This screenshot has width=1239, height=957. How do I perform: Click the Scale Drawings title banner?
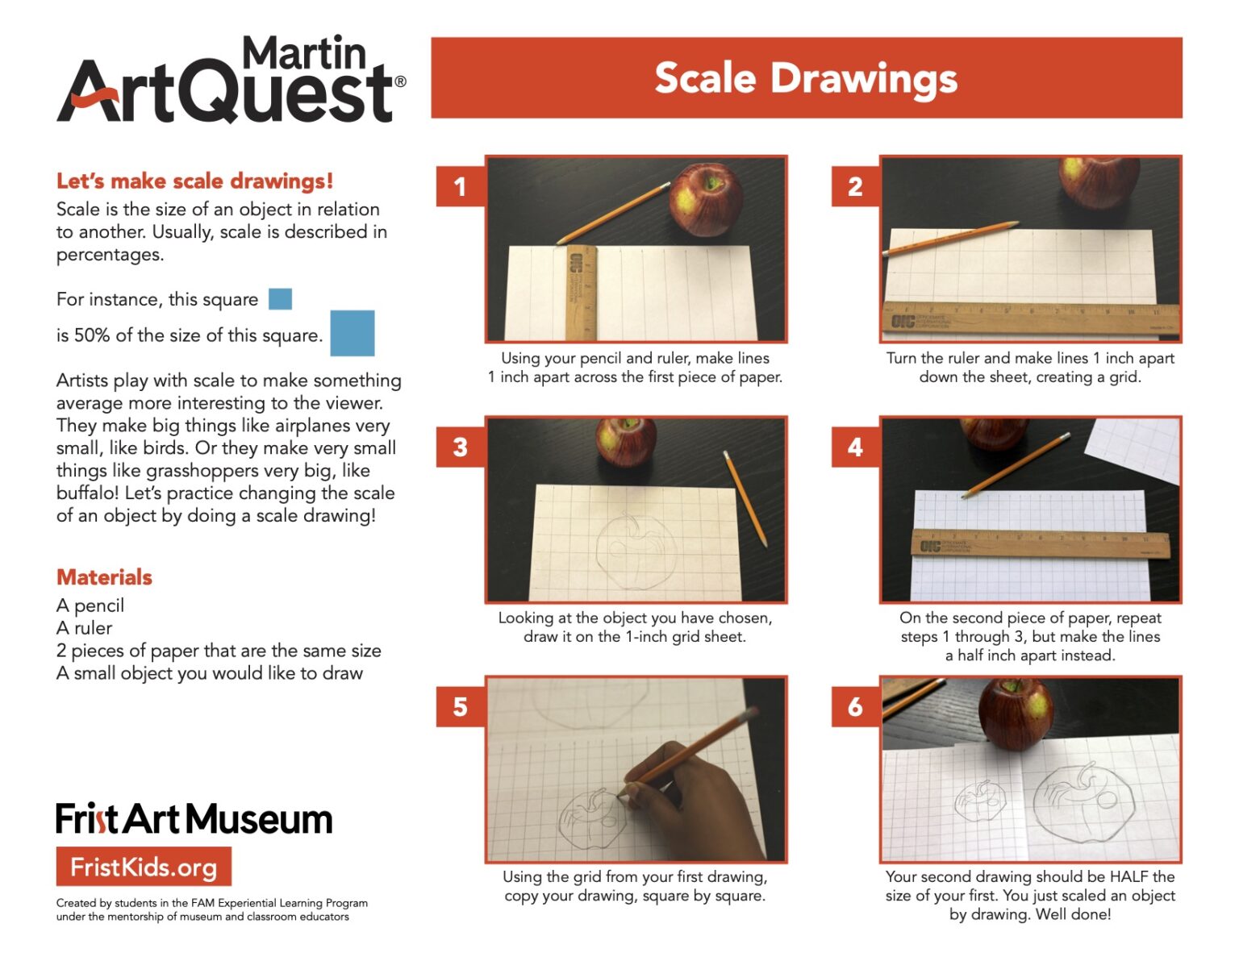tap(806, 78)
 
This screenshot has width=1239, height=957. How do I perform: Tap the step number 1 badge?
tap(460, 186)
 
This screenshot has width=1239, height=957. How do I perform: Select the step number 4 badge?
tap(855, 447)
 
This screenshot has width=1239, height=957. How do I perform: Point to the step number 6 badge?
tap(855, 706)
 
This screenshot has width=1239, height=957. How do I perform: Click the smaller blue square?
tap(280, 299)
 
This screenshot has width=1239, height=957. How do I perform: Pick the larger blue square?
tap(353, 333)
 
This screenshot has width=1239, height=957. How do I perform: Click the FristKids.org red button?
tap(144, 867)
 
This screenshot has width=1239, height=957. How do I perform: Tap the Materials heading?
tap(104, 577)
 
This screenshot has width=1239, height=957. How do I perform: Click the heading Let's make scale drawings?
tap(194, 181)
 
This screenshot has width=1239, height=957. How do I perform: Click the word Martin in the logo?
tap(304, 53)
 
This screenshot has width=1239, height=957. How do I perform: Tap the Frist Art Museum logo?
tap(194, 819)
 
